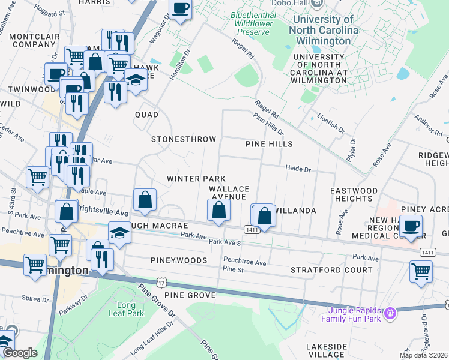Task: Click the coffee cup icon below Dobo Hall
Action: (x=181, y=8)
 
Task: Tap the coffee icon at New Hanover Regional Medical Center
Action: (x=411, y=226)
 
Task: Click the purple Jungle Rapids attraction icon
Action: (x=391, y=313)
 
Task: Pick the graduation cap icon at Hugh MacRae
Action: (x=119, y=233)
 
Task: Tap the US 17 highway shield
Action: (x=161, y=282)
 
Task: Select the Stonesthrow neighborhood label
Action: (x=184, y=139)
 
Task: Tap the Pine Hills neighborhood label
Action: (x=269, y=144)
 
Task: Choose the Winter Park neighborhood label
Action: (x=196, y=179)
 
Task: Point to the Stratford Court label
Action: (x=331, y=270)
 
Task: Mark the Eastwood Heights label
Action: (x=354, y=194)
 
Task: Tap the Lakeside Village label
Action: (x=326, y=351)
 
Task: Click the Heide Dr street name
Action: (x=298, y=170)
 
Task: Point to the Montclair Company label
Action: (x=34, y=40)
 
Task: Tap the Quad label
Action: (x=146, y=115)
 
